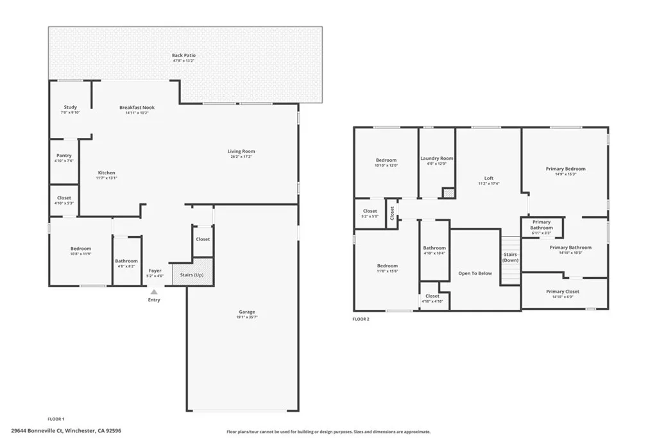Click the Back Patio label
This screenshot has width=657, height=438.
183,56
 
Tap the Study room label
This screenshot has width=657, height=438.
71,107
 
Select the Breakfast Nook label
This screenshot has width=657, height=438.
137,107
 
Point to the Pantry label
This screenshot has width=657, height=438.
64,155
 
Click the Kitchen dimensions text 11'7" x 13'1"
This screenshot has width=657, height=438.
107,178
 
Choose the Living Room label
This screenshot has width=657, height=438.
241,151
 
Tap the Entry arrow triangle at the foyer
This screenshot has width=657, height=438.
154,292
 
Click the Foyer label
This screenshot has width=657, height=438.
155,271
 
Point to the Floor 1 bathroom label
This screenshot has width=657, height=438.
126,261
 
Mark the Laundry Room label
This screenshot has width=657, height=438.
436,158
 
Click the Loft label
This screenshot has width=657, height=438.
488,178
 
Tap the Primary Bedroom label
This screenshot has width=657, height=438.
565,169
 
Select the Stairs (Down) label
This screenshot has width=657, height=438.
510,257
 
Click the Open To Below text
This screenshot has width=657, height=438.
475,273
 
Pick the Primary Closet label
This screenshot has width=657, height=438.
563,291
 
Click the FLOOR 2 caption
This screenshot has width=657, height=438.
361,319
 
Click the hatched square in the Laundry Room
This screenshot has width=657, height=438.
448,192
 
